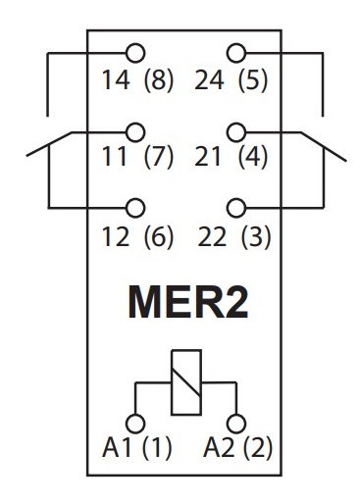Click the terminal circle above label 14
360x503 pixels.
coord(135,52)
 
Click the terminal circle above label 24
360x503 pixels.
coord(234,52)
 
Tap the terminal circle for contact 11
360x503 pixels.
coord(135,129)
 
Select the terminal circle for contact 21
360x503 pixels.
coord(234,129)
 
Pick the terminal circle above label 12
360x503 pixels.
coord(135,207)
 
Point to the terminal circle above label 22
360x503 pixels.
coord(234,207)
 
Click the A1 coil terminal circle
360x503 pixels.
coord(135,422)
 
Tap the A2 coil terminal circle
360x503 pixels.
coord(234,422)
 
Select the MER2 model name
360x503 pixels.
coord(185,304)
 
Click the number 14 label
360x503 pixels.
coord(114,80)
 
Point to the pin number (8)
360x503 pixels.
coord(158,80)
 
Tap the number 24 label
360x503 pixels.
coord(214,80)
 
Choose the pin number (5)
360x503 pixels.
coord(257,80)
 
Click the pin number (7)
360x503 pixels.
coord(158,158)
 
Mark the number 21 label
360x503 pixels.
coord(214,158)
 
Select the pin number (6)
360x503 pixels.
coord(158,236)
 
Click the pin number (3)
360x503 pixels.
coord(257,236)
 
